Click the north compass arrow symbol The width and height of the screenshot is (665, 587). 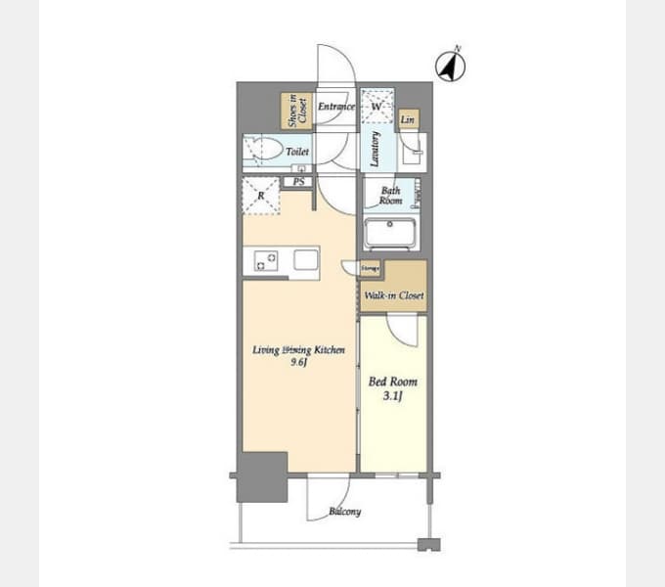(x=451, y=66)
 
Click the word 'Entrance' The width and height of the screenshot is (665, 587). (x=335, y=106)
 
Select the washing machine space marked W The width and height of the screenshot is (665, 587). (x=377, y=106)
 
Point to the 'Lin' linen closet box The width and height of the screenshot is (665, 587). (x=408, y=120)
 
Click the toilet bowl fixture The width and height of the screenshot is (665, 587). (x=263, y=151)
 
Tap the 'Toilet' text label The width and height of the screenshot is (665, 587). (x=297, y=153)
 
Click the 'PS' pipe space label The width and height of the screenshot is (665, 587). (x=298, y=182)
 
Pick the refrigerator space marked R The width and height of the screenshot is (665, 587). (x=261, y=196)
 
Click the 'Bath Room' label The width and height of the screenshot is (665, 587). (x=390, y=195)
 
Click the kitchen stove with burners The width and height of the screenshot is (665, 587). (x=265, y=260)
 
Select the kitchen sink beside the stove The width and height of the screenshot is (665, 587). (x=304, y=260)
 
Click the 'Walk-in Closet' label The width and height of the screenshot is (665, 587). (x=393, y=294)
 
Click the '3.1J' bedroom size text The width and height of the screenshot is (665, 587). (x=392, y=395)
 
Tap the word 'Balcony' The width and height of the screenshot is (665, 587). (x=344, y=511)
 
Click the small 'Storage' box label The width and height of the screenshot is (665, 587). (x=370, y=266)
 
